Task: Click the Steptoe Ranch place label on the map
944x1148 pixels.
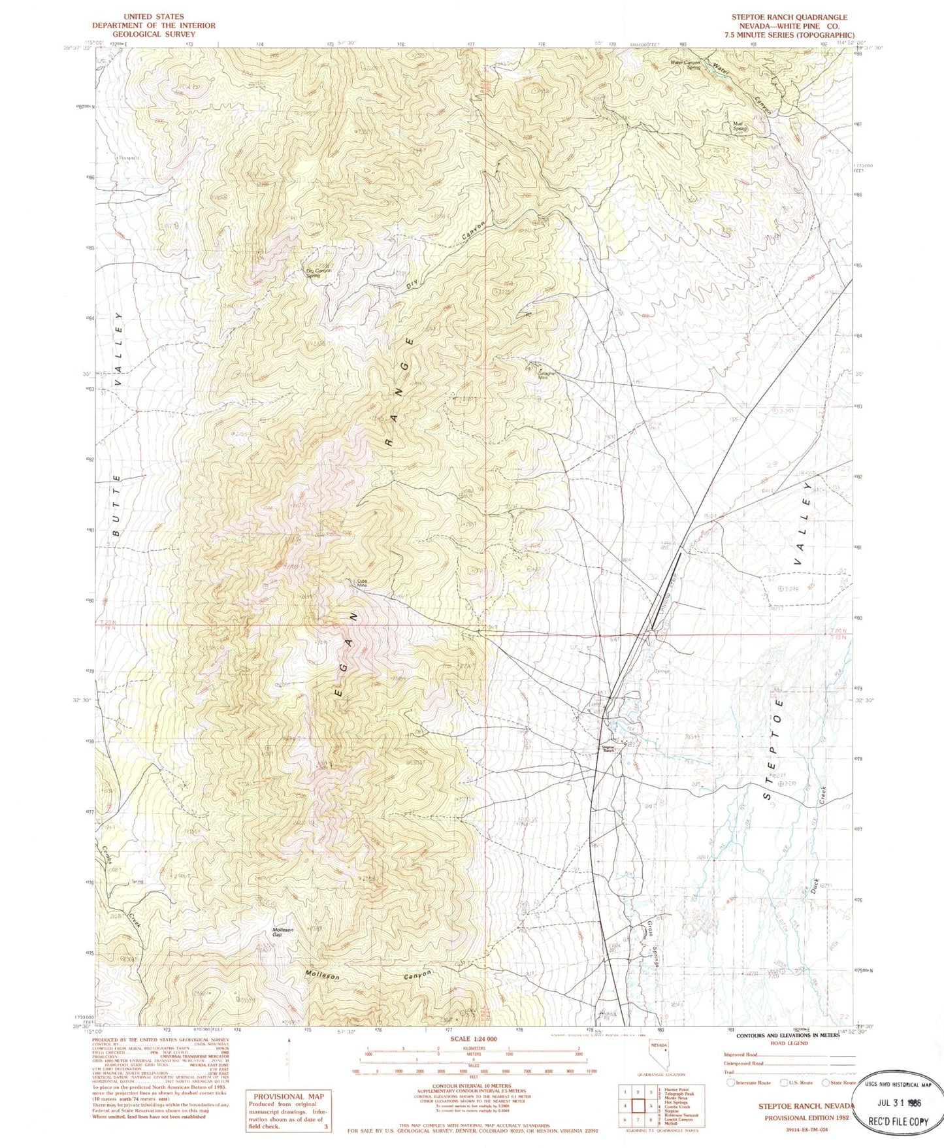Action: click(608, 749)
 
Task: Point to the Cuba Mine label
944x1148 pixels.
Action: click(361, 583)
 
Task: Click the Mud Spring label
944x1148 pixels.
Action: click(739, 127)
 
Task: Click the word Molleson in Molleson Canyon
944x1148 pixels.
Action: click(323, 976)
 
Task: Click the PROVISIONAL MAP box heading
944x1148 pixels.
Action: click(288, 1096)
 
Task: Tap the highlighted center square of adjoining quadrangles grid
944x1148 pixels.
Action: click(638, 1106)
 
